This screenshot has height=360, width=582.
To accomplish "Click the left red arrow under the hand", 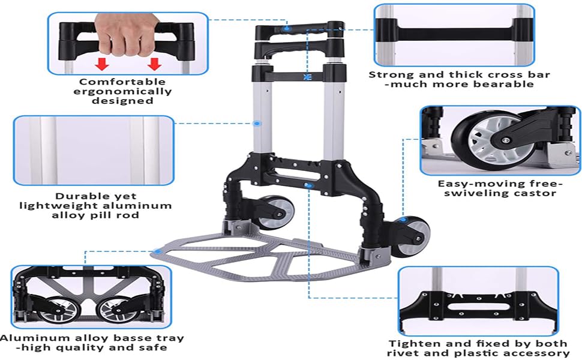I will [103, 64].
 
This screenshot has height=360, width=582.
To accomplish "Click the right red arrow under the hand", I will [155, 64].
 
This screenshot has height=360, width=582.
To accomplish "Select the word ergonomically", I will [122, 91].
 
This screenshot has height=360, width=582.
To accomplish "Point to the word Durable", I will [95, 196].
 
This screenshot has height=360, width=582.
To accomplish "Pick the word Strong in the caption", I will [390, 75].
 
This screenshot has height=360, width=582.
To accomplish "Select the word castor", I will [535, 193].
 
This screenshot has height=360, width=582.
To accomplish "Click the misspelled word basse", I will [113, 338].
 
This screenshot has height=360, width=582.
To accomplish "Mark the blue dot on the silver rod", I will [257, 124].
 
